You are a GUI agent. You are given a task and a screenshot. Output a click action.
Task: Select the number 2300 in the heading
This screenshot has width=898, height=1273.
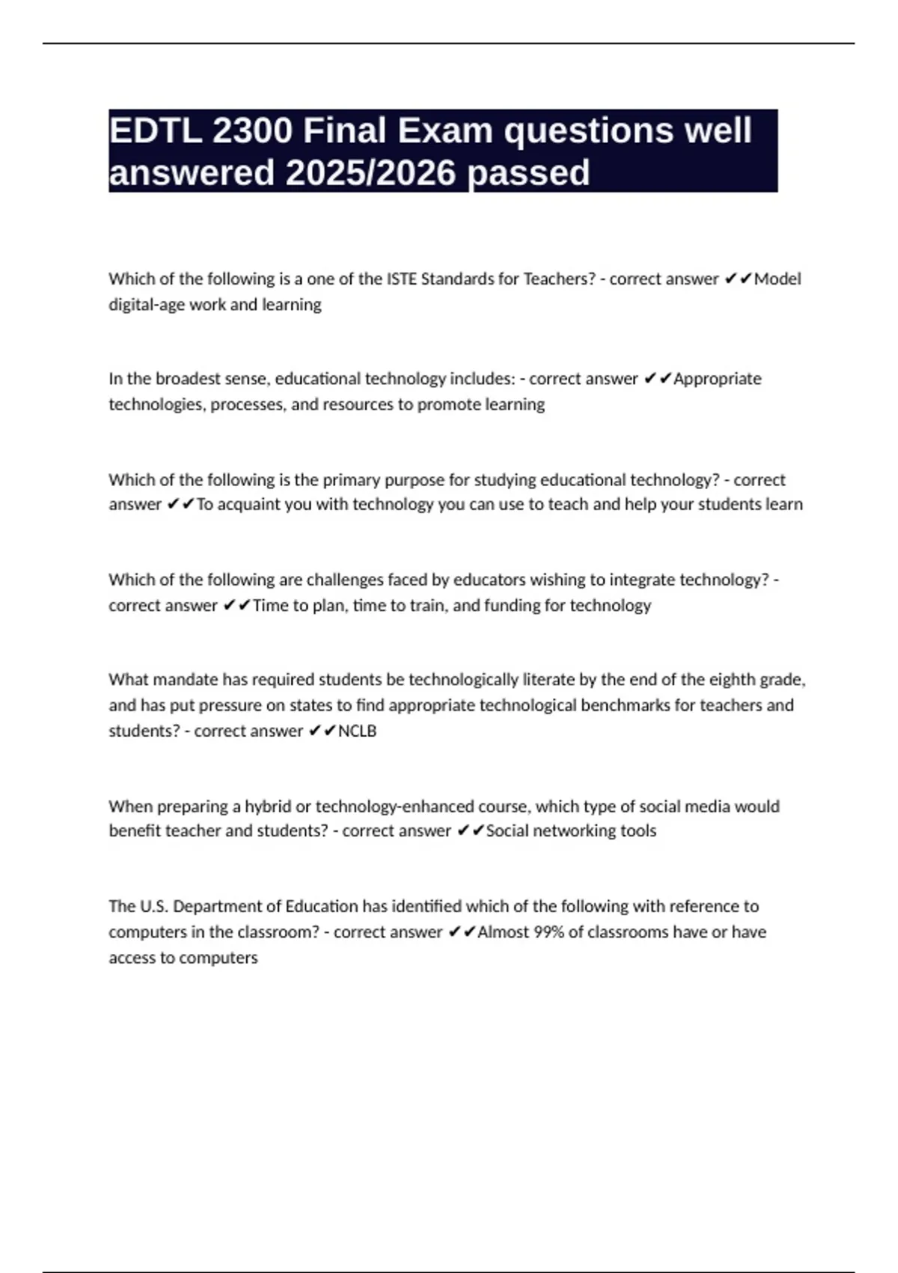coord(252,131)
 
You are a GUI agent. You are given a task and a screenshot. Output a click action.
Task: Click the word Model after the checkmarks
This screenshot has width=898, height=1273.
coord(778,279)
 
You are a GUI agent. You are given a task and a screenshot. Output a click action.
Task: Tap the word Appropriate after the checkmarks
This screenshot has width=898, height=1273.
coord(717,379)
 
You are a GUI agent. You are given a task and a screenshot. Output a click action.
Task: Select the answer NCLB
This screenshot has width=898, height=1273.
coord(358,731)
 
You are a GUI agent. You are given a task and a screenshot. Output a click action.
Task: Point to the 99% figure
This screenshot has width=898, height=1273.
coord(549,932)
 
